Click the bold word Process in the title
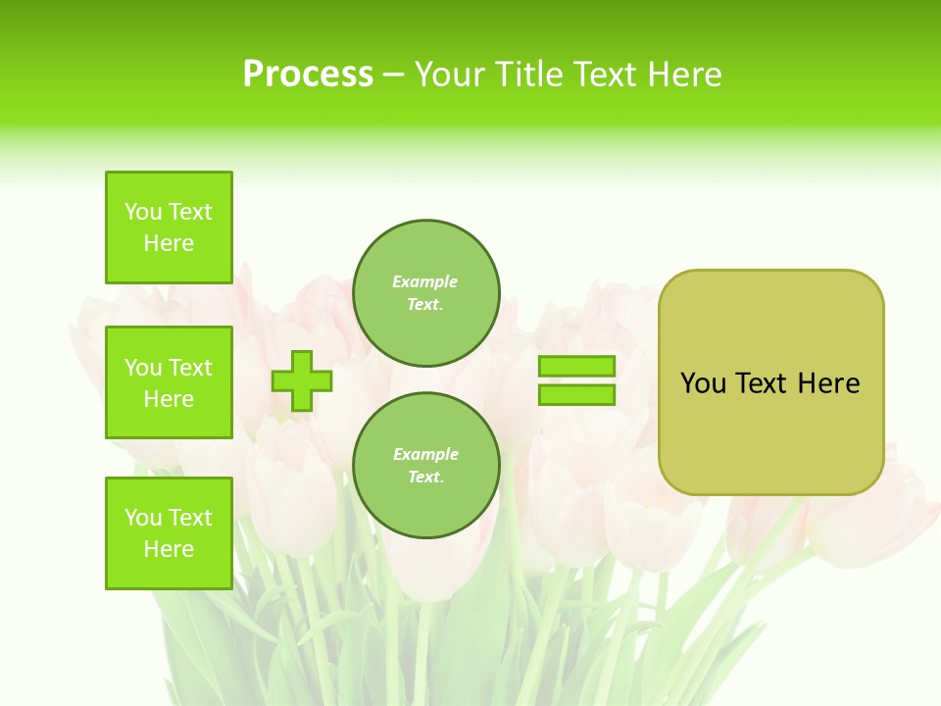coord(308,75)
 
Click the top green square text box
coord(169,227)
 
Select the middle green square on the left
coord(169,382)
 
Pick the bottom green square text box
coord(169,533)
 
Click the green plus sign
coord(302,381)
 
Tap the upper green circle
coord(426,293)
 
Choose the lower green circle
coord(426,466)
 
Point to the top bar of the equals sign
coord(576,367)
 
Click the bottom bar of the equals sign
coord(576,395)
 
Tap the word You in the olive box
coord(702,383)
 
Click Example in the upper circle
coord(425,281)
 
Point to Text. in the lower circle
coord(425,478)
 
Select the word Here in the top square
coord(169,243)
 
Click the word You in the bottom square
coord(143,518)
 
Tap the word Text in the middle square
coord(190,368)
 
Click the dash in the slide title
coord(393,75)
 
